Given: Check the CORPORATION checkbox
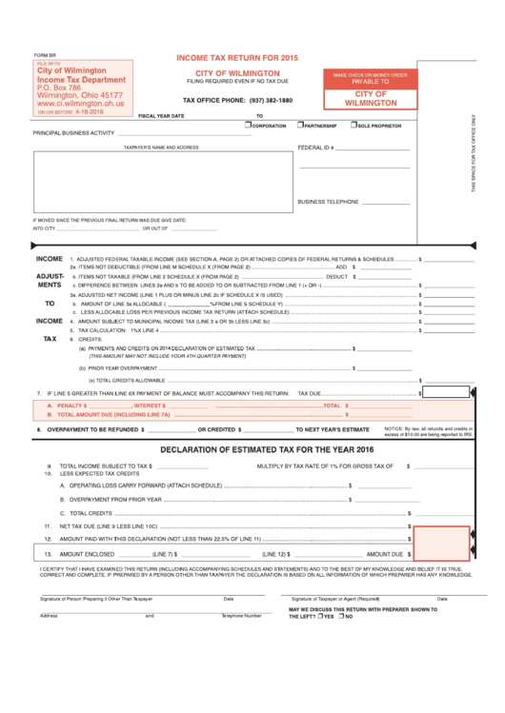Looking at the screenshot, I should tap(248, 124).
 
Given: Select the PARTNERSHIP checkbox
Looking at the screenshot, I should tap(301, 124).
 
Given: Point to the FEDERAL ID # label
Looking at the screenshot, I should tap(315, 149).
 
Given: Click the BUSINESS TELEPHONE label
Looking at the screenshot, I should tap(328, 202).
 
